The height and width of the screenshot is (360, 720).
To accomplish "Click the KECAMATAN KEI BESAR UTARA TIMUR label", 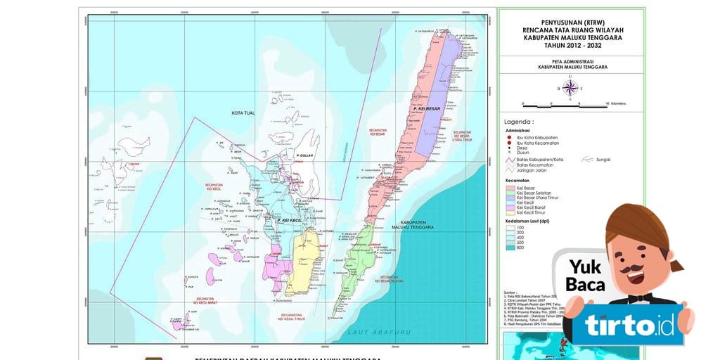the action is pyautogui.click(x=462, y=135).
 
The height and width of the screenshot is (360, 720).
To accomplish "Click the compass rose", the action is pyautogui.click(x=570, y=88).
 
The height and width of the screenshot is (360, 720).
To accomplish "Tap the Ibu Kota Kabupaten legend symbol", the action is pyautogui.click(x=508, y=136).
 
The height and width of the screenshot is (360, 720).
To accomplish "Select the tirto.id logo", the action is pyautogui.click(x=628, y=326).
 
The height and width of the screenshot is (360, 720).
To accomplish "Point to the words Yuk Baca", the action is pyautogui.click(x=585, y=277).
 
